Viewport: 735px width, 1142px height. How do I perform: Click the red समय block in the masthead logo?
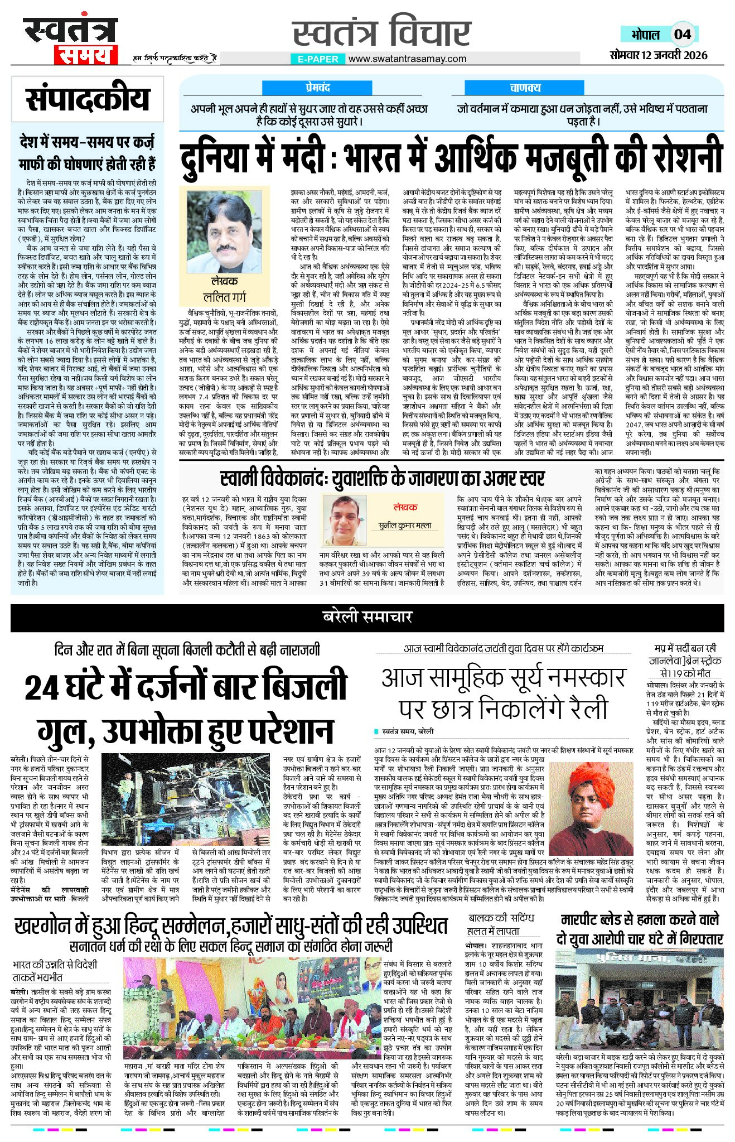85,55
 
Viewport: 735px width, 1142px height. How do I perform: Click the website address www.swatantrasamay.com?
407,59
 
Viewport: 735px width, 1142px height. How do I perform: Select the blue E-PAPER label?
317,59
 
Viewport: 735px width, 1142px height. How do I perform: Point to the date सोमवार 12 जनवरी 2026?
658,55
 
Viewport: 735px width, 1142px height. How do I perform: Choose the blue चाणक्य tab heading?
525,88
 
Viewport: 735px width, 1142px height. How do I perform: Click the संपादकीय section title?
88,99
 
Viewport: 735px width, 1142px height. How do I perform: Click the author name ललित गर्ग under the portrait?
225,297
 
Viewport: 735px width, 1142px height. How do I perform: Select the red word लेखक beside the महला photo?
405,507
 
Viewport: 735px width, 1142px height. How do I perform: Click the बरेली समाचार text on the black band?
367,616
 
